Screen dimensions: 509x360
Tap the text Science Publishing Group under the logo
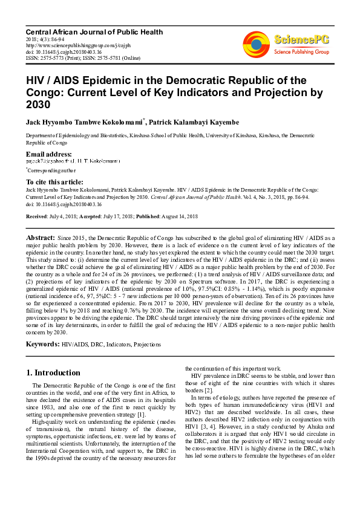301,53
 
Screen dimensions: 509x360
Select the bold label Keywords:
42,344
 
